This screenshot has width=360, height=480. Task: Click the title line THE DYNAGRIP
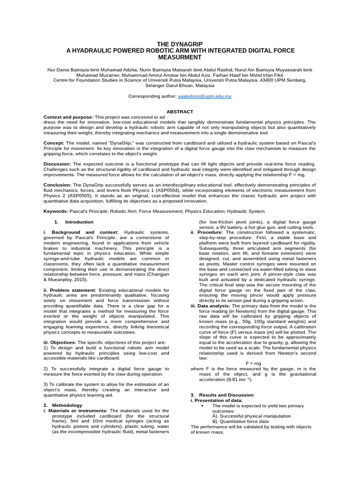click(180, 44)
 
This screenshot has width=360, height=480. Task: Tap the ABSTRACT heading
click(180, 112)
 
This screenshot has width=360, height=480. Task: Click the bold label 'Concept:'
click(54, 142)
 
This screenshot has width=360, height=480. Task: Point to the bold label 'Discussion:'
click(57, 164)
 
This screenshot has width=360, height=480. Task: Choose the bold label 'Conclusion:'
click(57, 185)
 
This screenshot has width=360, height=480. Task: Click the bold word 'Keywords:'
click(55, 211)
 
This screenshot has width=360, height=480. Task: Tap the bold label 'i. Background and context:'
click(79, 232)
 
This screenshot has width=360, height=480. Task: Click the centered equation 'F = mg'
click(253, 363)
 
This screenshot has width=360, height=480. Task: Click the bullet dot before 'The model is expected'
click(202, 405)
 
